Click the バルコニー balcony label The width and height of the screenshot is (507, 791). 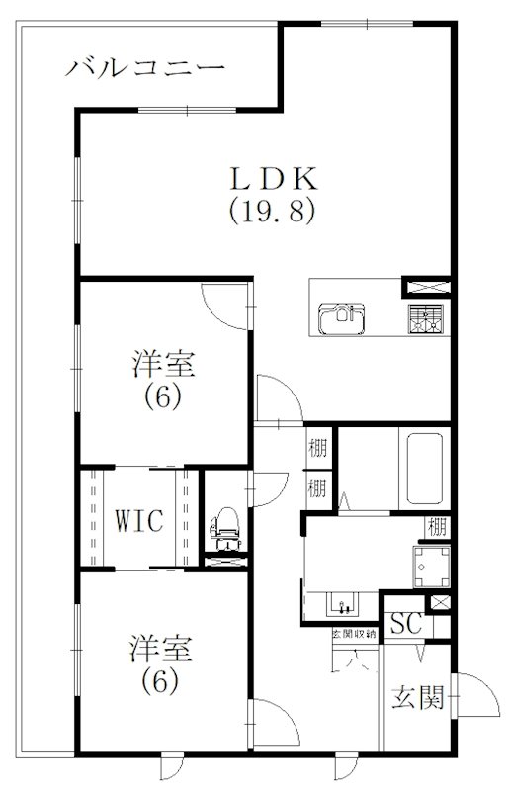pyautogui.click(x=146, y=68)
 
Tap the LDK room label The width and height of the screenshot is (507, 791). pyautogui.click(x=273, y=179)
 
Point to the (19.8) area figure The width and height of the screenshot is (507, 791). pyautogui.click(x=273, y=211)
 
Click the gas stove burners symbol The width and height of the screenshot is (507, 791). pyautogui.click(x=426, y=319)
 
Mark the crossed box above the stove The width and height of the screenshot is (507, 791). pyautogui.click(x=427, y=288)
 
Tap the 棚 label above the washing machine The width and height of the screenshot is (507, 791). pyautogui.click(x=436, y=526)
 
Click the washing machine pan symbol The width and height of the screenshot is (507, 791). pyautogui.click(x=431, y=569)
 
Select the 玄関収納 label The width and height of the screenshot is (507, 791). pyautogui.click(x=353, y=633)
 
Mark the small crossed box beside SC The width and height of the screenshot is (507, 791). pyautogui.click(x=442, y=601)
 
